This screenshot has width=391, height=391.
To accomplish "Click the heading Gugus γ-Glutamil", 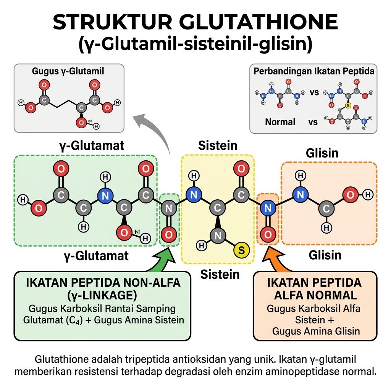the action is click(x=68, y=71).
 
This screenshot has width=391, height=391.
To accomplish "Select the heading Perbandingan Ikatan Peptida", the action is click(x=314, y=71).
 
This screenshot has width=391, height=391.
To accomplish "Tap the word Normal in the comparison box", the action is click(x=280, y=122).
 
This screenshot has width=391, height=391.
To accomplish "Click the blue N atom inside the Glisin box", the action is click(x=301, y=194).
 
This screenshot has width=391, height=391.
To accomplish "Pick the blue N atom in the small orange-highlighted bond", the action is click(x=268, y=208).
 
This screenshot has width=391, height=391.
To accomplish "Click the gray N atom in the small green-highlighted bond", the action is click(x=168, y=208).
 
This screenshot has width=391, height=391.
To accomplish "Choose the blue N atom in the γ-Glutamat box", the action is click(x=105, y=196).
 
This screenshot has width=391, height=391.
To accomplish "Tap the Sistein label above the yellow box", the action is click(x=218, y=145).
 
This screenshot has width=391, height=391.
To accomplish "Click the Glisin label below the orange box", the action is click(x=325, y=255).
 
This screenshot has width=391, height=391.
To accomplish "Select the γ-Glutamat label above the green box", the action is click(x=92, y=145).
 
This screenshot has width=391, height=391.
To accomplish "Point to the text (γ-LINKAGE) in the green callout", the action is click(x=102, y=295).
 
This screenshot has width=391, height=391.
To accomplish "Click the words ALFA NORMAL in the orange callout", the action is click(x=315, y=295).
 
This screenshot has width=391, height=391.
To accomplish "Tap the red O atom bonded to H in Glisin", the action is click(x=351, y=195).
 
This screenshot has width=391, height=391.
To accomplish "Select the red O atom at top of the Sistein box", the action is click(x=241, y=168).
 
